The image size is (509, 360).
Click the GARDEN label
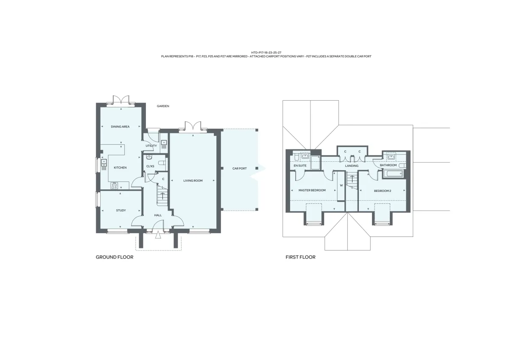163,106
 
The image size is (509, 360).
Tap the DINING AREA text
120,127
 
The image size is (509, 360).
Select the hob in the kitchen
114,186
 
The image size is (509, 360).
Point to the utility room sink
164,143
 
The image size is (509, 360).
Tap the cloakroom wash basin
149,157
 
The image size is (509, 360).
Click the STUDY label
121,211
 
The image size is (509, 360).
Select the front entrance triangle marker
158,235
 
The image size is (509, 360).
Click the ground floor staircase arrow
163,196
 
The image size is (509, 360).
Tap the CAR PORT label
240,169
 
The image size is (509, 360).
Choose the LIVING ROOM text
193,180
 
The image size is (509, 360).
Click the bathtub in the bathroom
393,174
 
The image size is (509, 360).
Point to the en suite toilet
296,157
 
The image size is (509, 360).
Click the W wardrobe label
341,186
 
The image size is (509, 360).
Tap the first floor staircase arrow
352,179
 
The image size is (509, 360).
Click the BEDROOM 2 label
383,191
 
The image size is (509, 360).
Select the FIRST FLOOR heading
300,257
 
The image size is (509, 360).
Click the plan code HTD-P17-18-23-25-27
266,53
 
